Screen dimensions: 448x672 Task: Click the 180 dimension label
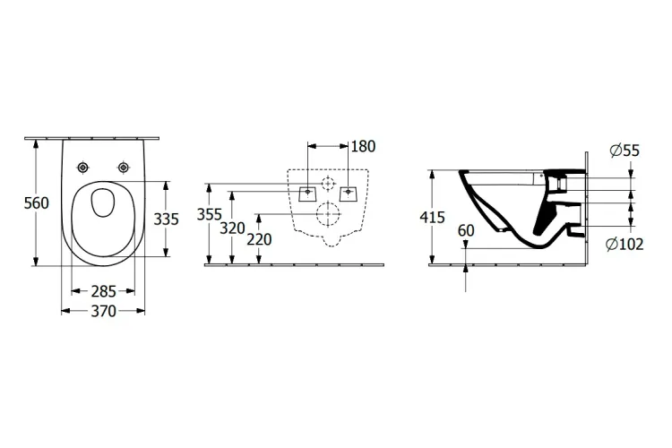[364, 145]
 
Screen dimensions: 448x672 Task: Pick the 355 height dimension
[209, 215]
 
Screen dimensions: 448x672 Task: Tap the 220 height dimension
[258, 239]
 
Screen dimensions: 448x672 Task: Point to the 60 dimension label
[465, 230]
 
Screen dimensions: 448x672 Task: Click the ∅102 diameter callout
[626, 244]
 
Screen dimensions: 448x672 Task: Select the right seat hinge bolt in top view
[123, 168]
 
